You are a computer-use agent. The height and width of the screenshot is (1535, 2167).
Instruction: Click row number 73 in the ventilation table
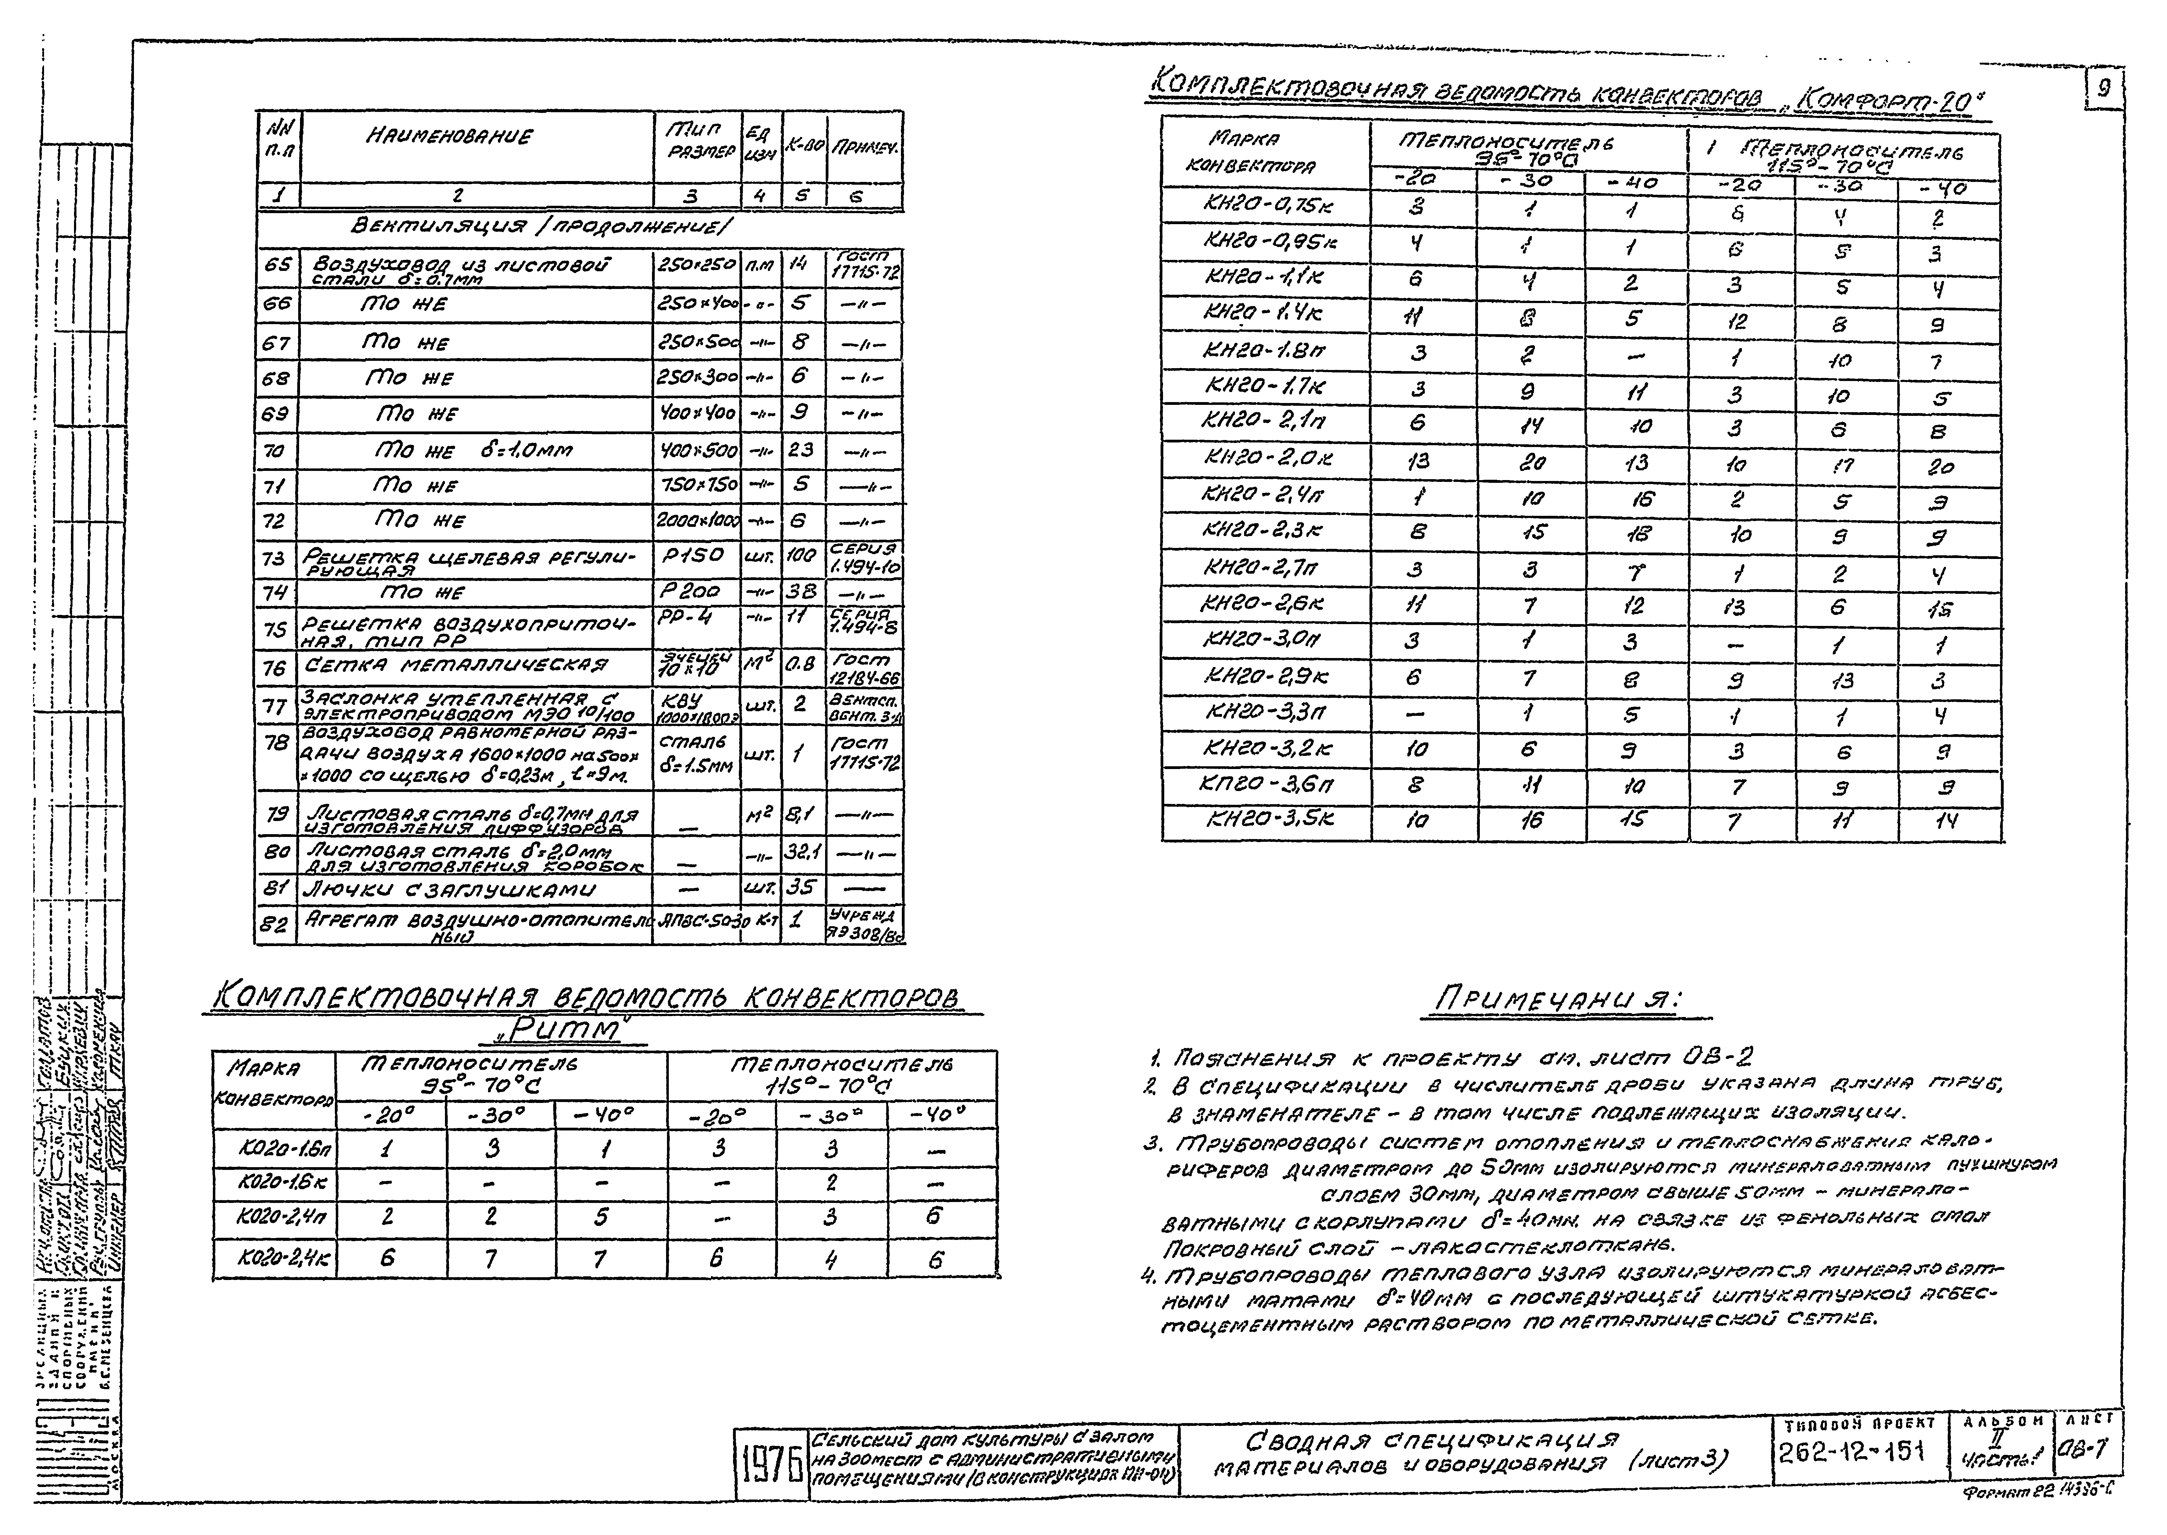tap(274, 559)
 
